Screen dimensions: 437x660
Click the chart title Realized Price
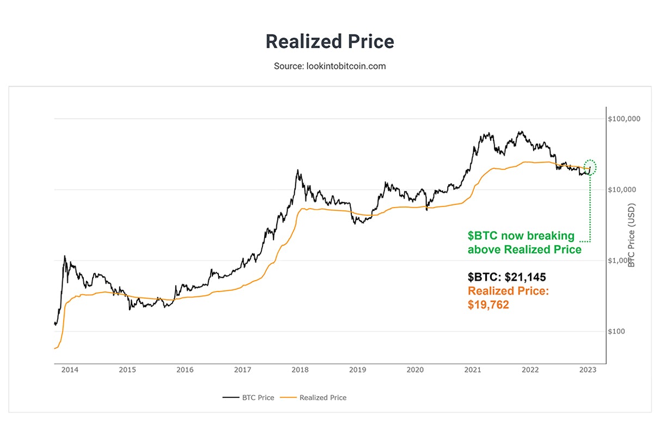(329, 42)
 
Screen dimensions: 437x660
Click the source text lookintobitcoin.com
(329, 66)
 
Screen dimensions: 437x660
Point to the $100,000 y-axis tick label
(624, 119)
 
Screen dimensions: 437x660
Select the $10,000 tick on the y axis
(622, 190)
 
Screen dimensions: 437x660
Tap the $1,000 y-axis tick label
(621, 260)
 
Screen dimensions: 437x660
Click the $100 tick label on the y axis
(619, 331)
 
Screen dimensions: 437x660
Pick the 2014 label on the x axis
(70, 370)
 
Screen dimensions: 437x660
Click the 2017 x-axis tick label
(242, 370)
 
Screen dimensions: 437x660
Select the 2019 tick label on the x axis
(357, 370)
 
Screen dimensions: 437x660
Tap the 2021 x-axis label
(473, 370)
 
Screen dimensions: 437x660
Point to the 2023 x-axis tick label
(588, 370)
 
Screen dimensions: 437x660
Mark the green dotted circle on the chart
(590, 167)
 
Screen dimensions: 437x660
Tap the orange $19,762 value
(488, 305)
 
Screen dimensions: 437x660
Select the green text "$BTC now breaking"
(521, 236)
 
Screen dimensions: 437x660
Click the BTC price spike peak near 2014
(64, 256)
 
